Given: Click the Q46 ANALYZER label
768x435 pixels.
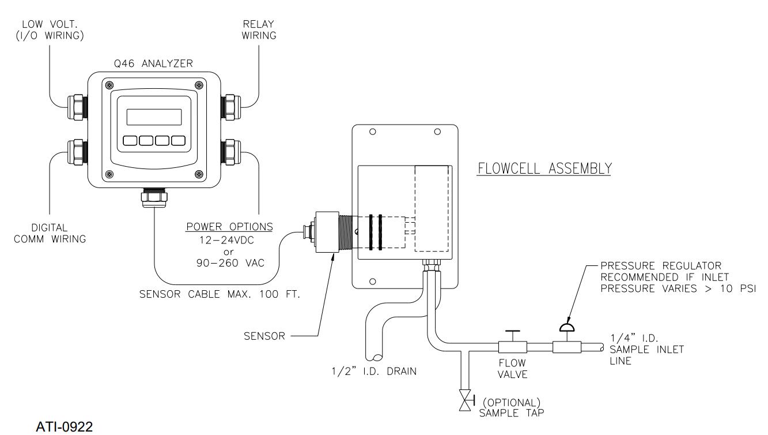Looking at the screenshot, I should click(153, 64).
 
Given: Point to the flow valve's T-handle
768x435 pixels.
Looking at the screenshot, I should click(510, 333).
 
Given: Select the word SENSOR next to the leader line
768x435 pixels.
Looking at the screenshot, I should click(265, 336).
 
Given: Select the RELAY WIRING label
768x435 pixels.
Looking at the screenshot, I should click(259, 29).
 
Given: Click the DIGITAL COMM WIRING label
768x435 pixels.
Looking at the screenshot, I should click(50, 233).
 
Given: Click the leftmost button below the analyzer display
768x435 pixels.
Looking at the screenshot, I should click(130, 140).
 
